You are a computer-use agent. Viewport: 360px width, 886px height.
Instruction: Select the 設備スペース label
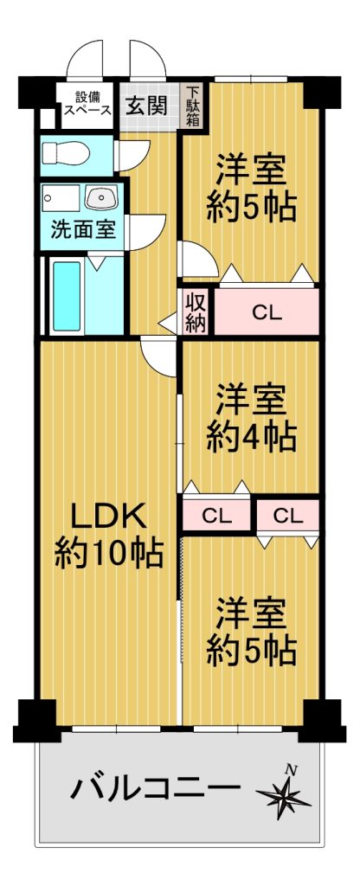pyautogui.click(x=87, y=104)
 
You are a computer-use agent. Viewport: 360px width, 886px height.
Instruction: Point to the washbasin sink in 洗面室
pyautogui.click(x=101, y=198)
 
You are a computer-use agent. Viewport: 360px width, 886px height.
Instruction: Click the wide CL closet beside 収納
pyautogui.click(x=266, y=312)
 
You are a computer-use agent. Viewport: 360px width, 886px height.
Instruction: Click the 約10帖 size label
pyautogui.click(x=109, y=555)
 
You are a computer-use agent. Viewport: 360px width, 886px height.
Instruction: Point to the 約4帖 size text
pyautogui.click(x=251, y=436)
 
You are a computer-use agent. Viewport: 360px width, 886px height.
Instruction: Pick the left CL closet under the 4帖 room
pyautogui.click(x=217, y=516)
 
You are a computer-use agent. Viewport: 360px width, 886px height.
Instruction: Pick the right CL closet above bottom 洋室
pyautogui.click(x=287, y=516)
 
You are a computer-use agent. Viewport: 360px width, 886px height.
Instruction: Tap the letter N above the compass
pyautogui.click(x=291, y=769)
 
